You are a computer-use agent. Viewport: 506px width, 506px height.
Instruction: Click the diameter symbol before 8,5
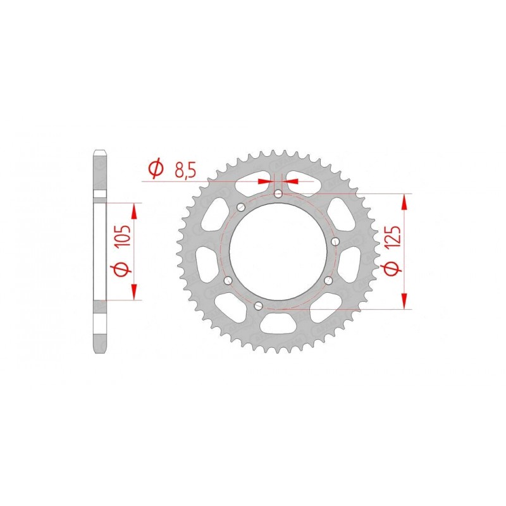(x=154, y=169)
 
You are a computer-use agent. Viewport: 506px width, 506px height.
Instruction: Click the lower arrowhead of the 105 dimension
(x=133, y=293)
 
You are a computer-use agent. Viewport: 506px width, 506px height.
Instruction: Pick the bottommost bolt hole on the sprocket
(x=257, y=307)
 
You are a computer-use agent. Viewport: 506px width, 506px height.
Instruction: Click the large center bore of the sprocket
(x=278, y=250)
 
